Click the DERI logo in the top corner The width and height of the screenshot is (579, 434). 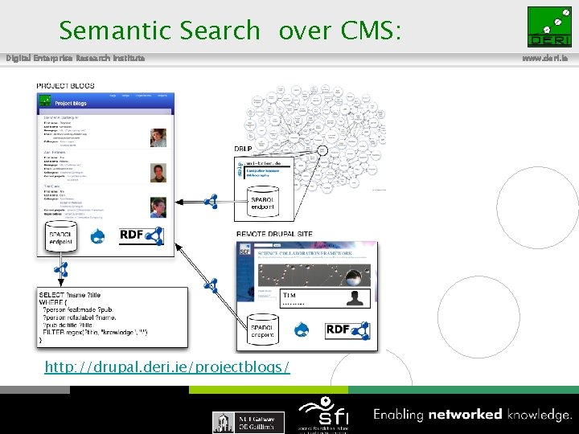click(x=549, y=27)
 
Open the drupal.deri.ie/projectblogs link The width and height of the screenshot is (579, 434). click(x=167, y=367)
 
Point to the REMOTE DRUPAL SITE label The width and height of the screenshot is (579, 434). click(x=275, y=234)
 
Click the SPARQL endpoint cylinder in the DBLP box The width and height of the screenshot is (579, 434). click(x=263, y=202)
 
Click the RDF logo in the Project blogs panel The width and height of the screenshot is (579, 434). click(x=141, y=235)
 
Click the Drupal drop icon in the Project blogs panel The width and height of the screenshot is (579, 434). click(x=98, y=236)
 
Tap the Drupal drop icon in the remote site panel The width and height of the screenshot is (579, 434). click(x=304, y=330)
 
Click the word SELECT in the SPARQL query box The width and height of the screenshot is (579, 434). click(x=52, y=295)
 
